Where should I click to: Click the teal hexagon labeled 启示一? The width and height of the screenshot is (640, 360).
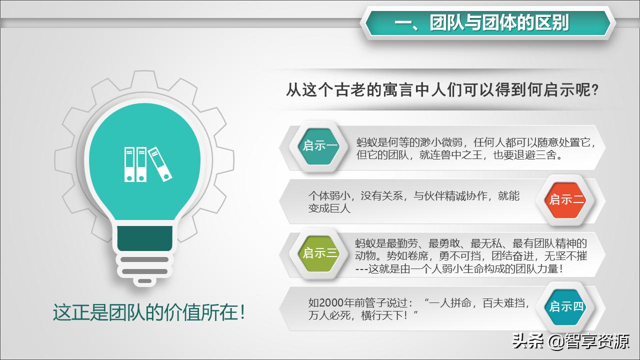point(320,146)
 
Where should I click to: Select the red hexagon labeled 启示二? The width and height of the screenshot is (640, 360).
point(566,199)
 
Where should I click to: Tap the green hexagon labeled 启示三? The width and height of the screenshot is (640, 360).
point(320,253)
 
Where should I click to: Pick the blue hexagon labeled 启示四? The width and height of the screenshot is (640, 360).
point(566,306)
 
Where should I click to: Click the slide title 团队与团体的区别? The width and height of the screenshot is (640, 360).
point(488,23)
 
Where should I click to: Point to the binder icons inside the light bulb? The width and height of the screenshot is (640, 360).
point(147,164)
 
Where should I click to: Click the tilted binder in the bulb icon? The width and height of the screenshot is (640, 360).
point(161,164)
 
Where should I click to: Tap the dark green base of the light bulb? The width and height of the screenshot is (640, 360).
point(145,239)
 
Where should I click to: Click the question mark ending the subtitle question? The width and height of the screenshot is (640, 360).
point(594,91)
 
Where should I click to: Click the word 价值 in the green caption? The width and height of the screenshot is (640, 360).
point(181,312)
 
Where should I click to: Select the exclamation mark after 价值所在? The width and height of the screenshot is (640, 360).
point(242,312)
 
